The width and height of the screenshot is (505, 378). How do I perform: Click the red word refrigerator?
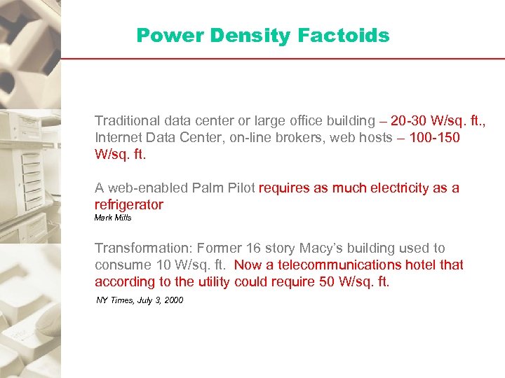click(129, 204)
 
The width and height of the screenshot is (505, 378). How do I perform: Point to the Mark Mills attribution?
click(113, 218)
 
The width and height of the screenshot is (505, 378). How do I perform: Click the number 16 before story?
click(252, 248)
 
